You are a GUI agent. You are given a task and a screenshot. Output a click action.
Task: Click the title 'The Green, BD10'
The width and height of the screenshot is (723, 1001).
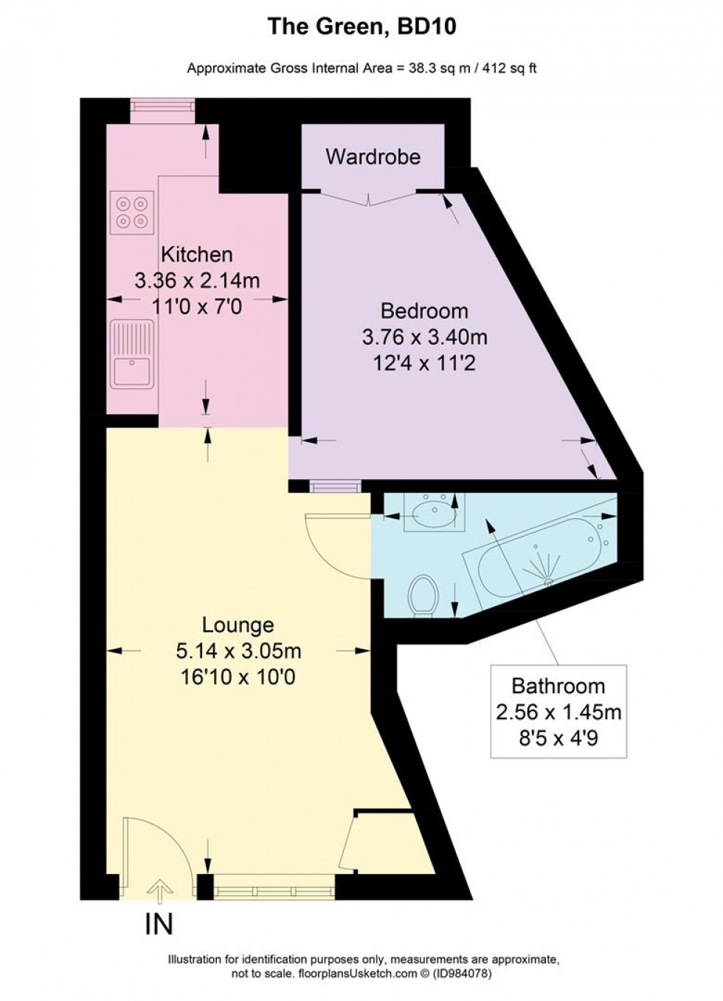(361, 27)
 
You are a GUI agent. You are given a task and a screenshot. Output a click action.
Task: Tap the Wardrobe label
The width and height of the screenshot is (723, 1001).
(373, 156)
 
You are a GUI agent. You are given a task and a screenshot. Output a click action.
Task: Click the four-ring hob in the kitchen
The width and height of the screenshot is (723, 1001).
(133, 210)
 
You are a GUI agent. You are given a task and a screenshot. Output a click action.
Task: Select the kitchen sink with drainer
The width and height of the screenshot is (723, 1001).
(132, 354)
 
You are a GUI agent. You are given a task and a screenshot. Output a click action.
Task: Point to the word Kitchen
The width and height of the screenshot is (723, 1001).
(197, 255)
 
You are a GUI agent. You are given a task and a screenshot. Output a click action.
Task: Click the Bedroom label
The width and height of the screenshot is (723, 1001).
(424, 311)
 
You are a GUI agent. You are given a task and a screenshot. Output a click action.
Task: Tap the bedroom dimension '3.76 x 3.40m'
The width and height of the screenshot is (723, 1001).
(424, 337)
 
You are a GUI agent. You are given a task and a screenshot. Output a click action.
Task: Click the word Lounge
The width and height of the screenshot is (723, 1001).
(238, 625)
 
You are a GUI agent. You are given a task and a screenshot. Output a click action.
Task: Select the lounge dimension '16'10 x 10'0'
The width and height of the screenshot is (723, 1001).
(238, 676)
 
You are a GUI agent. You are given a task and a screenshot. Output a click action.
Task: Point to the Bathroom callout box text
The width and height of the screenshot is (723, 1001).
(558, 712)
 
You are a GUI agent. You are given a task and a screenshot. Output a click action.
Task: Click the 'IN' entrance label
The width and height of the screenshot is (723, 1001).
(158, 924)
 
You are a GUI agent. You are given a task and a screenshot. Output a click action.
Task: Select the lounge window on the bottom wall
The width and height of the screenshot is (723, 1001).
(274, 886)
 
